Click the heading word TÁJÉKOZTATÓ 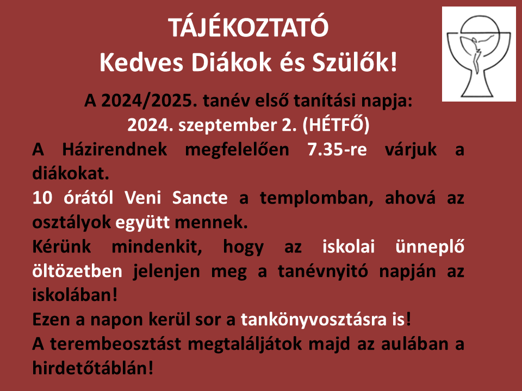pos(248,27)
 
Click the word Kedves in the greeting pos(141,62)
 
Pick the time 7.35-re pos(337,149)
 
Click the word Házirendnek pos(115,149)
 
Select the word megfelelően pos(237,150)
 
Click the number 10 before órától pos(42,198)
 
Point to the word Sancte pos(200,198)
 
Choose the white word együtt pos(142,223)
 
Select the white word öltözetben pos(77,271)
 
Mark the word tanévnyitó pos(323,272)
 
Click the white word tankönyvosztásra pos(314,320)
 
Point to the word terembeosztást pos(115,344)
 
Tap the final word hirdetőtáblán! pos(93,368)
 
